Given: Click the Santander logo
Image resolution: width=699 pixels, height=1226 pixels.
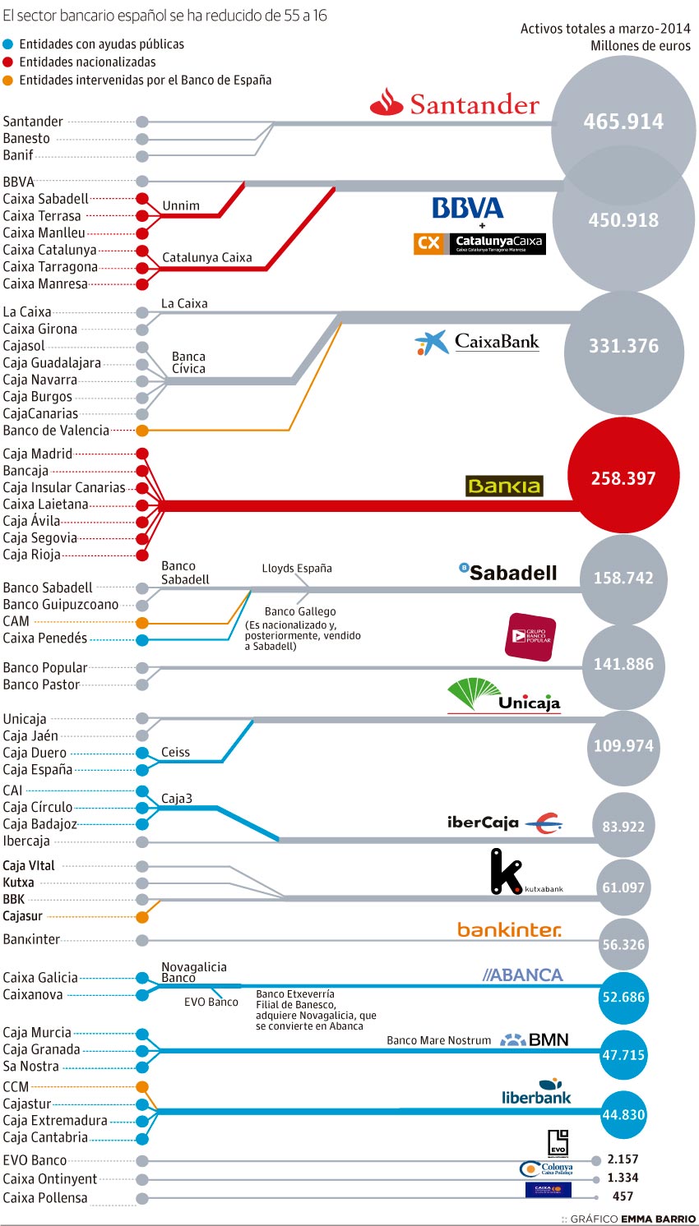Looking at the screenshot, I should point(455,104).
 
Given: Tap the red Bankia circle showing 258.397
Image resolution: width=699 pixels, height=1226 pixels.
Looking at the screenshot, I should point(623,478).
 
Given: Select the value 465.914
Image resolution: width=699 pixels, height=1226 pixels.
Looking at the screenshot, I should point(623,122).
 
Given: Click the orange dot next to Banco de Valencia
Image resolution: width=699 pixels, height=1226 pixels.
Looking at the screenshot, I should point(142,431).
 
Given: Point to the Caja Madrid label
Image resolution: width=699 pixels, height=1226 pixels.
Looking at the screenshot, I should point(38,454).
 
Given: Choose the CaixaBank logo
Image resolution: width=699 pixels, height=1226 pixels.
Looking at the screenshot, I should point(477,342).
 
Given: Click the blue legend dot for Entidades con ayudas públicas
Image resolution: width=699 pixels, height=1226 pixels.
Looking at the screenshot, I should point(8,44).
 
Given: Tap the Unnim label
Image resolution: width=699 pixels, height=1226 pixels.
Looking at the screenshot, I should point(181,205).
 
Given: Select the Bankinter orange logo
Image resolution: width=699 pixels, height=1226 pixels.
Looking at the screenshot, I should point(509,929).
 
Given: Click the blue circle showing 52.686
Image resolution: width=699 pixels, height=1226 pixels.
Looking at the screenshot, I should point(623,997).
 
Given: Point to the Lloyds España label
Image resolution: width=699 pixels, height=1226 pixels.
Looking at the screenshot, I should point(297,568).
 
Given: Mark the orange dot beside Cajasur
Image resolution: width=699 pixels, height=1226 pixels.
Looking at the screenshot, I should point(142,916).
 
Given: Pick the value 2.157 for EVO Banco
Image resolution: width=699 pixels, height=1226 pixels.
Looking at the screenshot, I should point(623,1159).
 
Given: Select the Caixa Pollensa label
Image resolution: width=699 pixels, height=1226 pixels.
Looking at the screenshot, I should point(45,1198).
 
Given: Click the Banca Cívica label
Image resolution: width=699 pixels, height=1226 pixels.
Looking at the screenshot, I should point(188,362).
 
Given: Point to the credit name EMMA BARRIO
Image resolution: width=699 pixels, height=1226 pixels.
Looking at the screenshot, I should point(658,1219).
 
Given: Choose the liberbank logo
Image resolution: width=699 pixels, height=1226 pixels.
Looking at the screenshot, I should point(536,1093).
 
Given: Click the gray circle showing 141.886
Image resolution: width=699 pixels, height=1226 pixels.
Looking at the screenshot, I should point(623,664).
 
